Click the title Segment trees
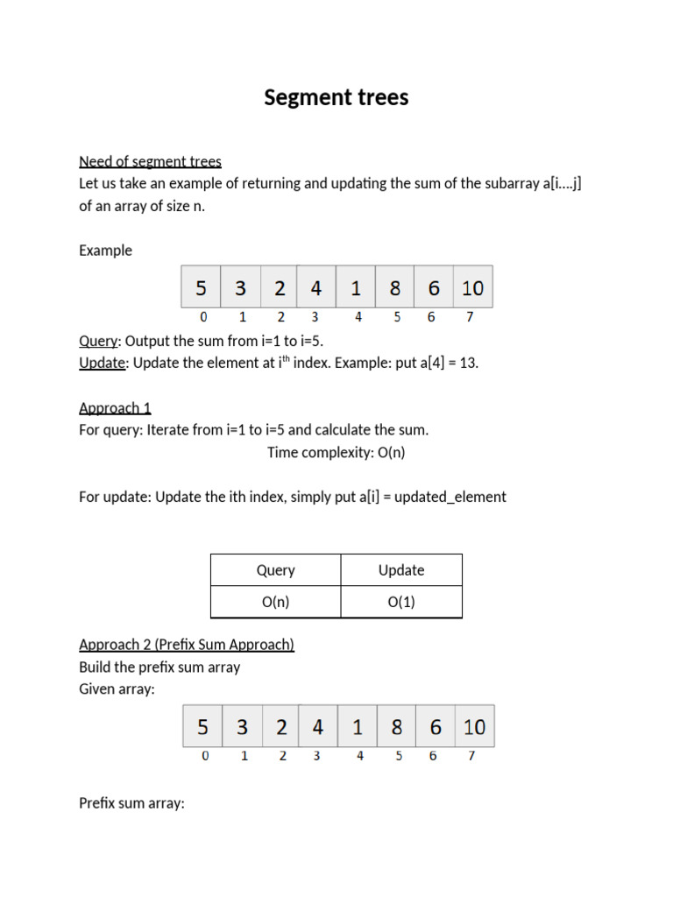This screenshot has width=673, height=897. pos(336,97)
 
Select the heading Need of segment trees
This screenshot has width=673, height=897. pos(150,161)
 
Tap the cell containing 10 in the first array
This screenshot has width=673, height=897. pos(473,287)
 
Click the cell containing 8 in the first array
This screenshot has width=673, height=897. pos(395,287)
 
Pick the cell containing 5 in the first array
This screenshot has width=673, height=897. pos(202,287)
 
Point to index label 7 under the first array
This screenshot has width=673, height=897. pos(470,317)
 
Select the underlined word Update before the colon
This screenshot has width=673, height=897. pos(103,364)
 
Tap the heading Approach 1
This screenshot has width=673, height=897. pos(115,407)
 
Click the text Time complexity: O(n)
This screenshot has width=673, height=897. pos(336,452)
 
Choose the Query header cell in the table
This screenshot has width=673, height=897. pos(275,570)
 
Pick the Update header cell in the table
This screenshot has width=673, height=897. pos(401,570)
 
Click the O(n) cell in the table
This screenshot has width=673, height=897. pos(275,602)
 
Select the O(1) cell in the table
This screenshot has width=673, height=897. pos(401,602)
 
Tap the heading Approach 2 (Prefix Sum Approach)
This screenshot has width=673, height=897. pos(187,645)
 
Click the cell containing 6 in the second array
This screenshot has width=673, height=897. pos(436,727)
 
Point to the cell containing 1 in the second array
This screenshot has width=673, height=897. pos(358,727)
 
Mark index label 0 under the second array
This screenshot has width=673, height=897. pos(205,756)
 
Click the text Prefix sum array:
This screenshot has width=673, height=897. pos(131,803)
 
